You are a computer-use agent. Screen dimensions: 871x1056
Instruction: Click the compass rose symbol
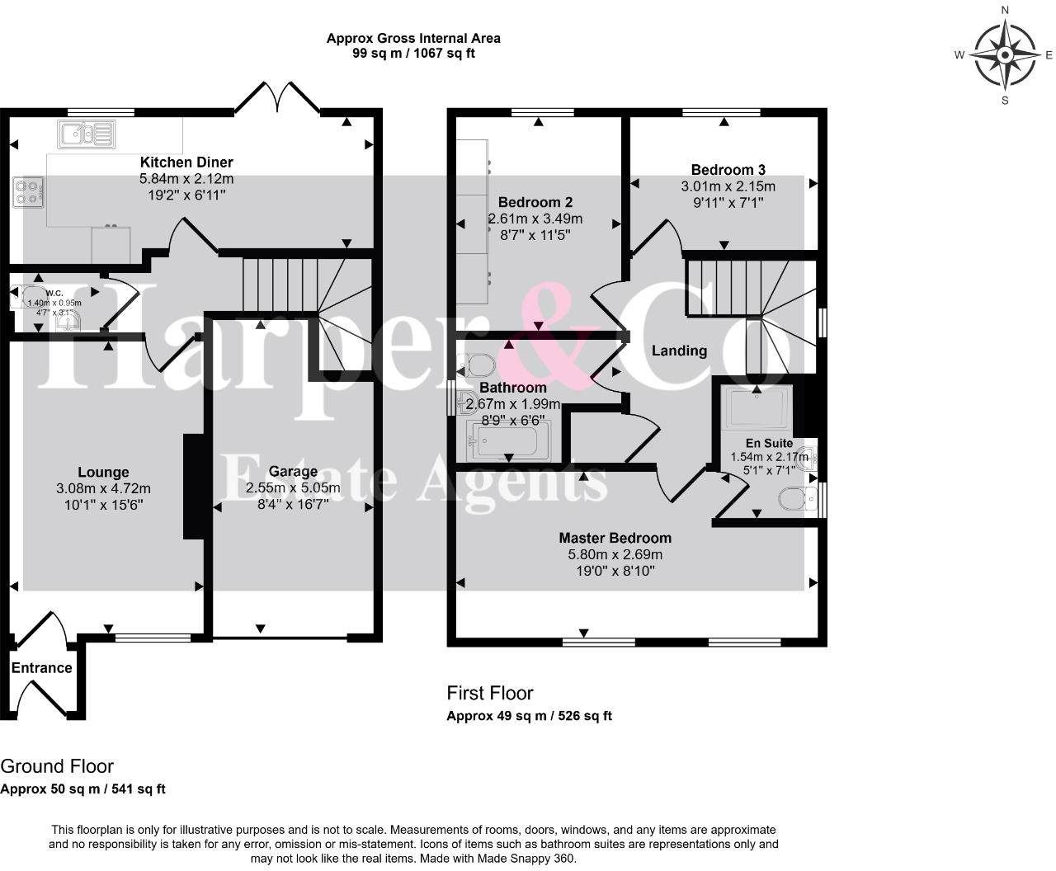coord(1005,55)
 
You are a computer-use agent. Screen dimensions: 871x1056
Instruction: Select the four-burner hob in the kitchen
coord(28,192)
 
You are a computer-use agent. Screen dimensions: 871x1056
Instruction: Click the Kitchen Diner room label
coord(186,162)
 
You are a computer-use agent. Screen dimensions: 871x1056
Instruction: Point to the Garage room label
coord(293,472)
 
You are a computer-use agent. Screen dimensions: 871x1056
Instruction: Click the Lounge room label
coord(103,473)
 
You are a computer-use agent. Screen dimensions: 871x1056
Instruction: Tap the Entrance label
coord(41,668)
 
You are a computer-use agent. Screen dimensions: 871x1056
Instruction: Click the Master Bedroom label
coord(615,539)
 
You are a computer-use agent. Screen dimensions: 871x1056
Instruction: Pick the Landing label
coord(679,351)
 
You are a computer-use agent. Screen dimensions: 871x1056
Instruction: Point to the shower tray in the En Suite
coord(757,407)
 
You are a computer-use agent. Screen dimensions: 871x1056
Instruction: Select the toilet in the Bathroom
coord(476,364)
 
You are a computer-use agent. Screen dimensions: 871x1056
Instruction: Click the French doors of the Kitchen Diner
coord(277,98)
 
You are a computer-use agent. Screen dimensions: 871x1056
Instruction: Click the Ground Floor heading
coord(57,766)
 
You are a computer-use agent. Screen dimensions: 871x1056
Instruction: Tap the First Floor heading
coord(490,694)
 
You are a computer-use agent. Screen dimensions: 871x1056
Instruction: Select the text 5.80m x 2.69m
coord(615,555)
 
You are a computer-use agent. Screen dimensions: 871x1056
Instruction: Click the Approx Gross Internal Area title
coord(413,38)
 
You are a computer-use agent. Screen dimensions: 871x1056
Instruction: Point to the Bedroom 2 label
coord(535,202)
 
